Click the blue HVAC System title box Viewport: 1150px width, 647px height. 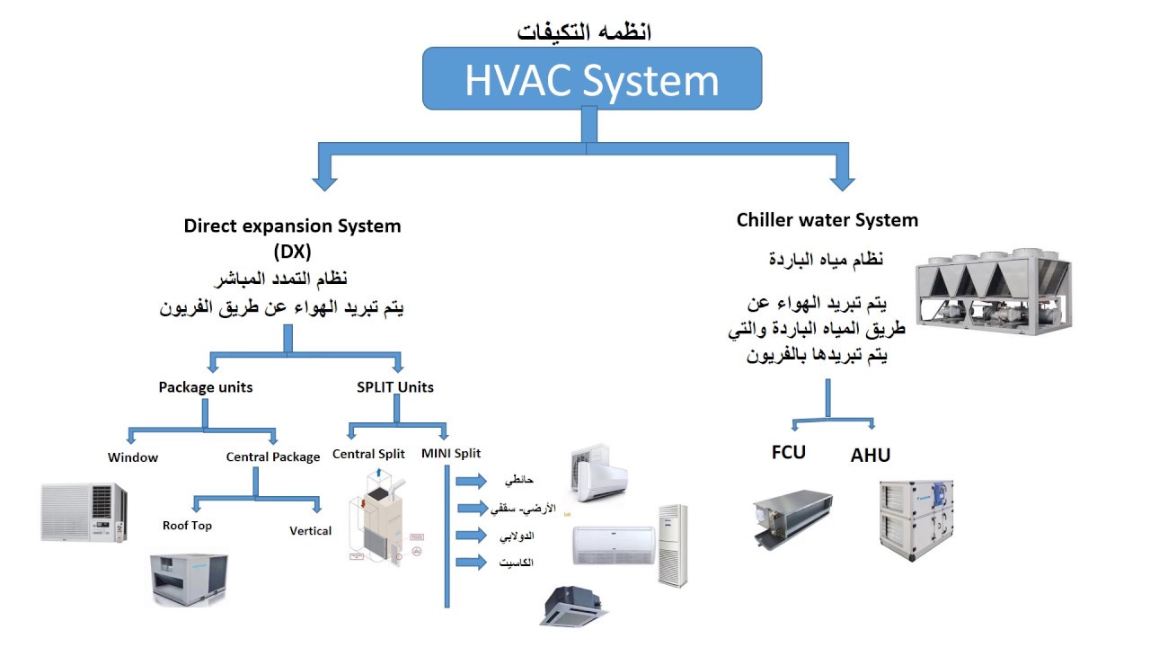592,79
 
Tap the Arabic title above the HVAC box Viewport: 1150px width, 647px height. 585,31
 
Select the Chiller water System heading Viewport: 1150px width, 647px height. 827,219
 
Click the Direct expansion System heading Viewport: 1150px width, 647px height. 293,226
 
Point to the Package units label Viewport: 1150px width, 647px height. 206,387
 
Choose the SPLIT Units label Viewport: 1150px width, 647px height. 395,387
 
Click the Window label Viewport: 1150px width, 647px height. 133,457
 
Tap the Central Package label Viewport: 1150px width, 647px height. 273,457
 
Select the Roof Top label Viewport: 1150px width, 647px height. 187,526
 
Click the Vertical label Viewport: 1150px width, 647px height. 311,531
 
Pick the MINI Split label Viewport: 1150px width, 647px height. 451,454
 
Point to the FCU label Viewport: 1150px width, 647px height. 789,452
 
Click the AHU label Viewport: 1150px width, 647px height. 871,456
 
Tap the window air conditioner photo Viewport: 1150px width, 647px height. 84,512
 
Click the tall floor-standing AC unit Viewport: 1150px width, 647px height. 672,545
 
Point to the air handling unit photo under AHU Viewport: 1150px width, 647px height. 916,520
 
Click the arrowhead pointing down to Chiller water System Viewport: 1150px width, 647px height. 842,182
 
